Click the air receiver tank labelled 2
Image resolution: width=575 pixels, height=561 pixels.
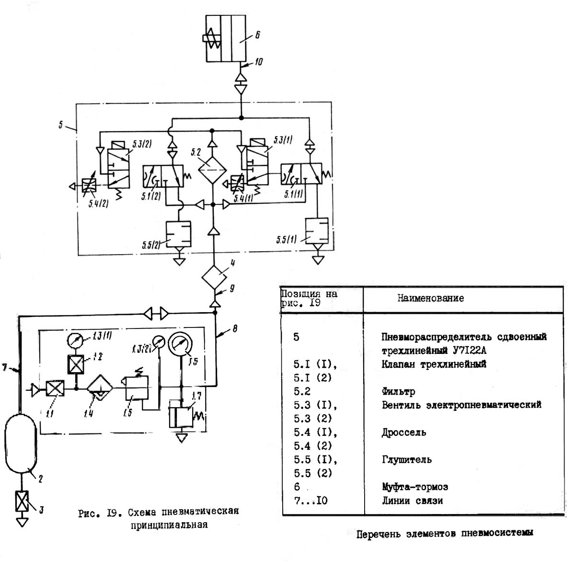(21, 444)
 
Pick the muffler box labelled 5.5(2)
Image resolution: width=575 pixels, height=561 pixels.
(178, 234)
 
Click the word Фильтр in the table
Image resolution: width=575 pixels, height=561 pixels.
(398, 391)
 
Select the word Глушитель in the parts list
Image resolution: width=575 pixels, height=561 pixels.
(406, 459)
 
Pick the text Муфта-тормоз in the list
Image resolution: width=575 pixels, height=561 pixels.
(414, 487)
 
